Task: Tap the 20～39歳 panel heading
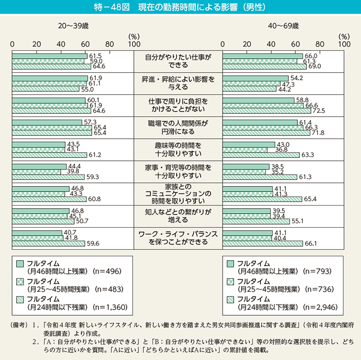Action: point(73,25)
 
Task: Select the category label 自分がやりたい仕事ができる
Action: point(178,61)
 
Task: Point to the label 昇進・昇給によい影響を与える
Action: point(178,83)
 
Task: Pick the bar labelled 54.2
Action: point(256,78)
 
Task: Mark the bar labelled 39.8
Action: point(37,171)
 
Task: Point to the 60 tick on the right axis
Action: point(296,44)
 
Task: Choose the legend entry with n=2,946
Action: point(281,302)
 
